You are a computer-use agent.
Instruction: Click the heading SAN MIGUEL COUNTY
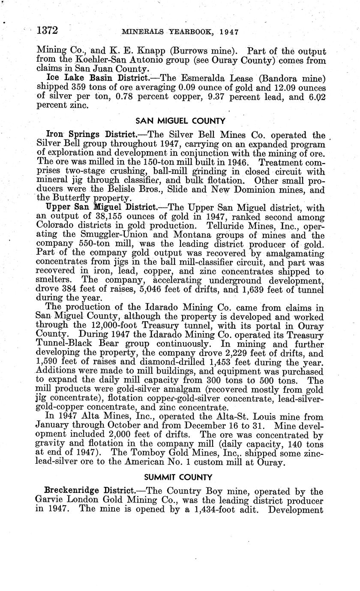pyautogui.click(x=180, y=121)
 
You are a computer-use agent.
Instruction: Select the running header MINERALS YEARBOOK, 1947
pyautogui.click(x=180, y=32)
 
